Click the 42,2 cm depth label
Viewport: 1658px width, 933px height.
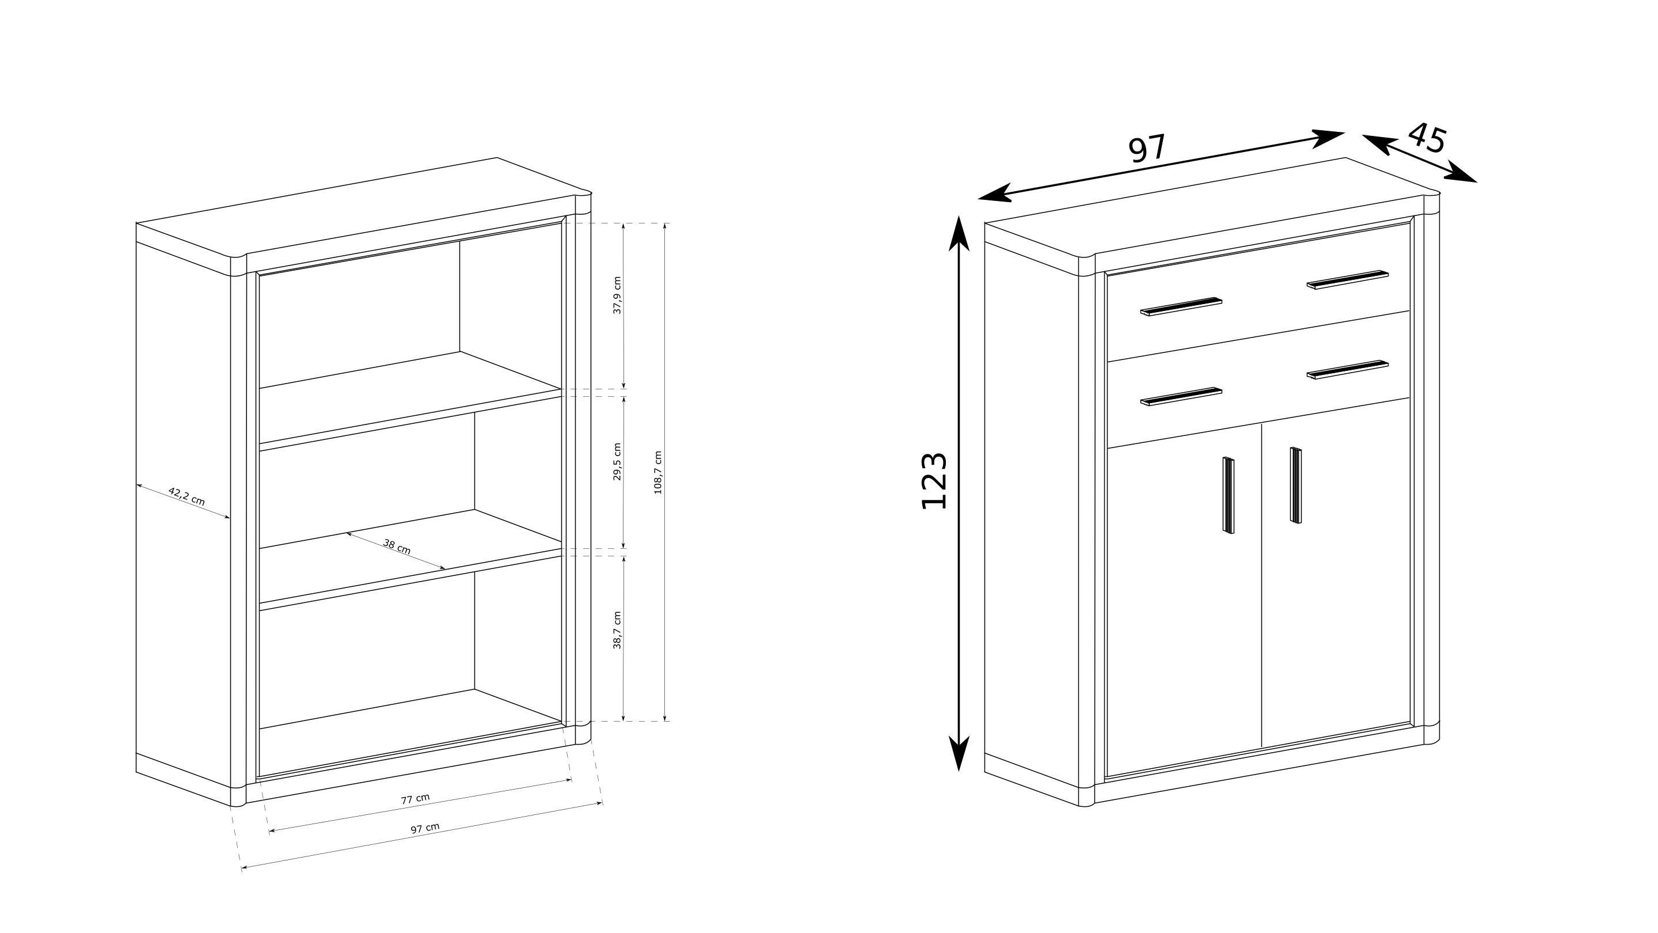point(187,496)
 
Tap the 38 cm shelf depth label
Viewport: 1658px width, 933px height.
point(397,546)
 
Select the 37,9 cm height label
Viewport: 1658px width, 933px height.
point(617,295)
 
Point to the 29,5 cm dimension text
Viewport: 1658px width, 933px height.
point(617,462)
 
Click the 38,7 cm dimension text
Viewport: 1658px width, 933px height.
point(617,631)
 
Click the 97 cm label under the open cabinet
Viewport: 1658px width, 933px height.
point(425,828)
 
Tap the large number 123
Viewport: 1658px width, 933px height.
point(934,481)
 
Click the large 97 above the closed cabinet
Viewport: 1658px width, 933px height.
point(1147,149)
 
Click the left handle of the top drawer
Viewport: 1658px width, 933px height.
point(1181,306)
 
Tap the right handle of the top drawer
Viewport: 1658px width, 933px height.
point(1347,279)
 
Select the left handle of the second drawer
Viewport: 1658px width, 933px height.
point(1181,397)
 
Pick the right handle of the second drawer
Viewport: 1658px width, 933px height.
point(1347,370)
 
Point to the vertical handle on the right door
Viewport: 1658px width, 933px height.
point(1295,485)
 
